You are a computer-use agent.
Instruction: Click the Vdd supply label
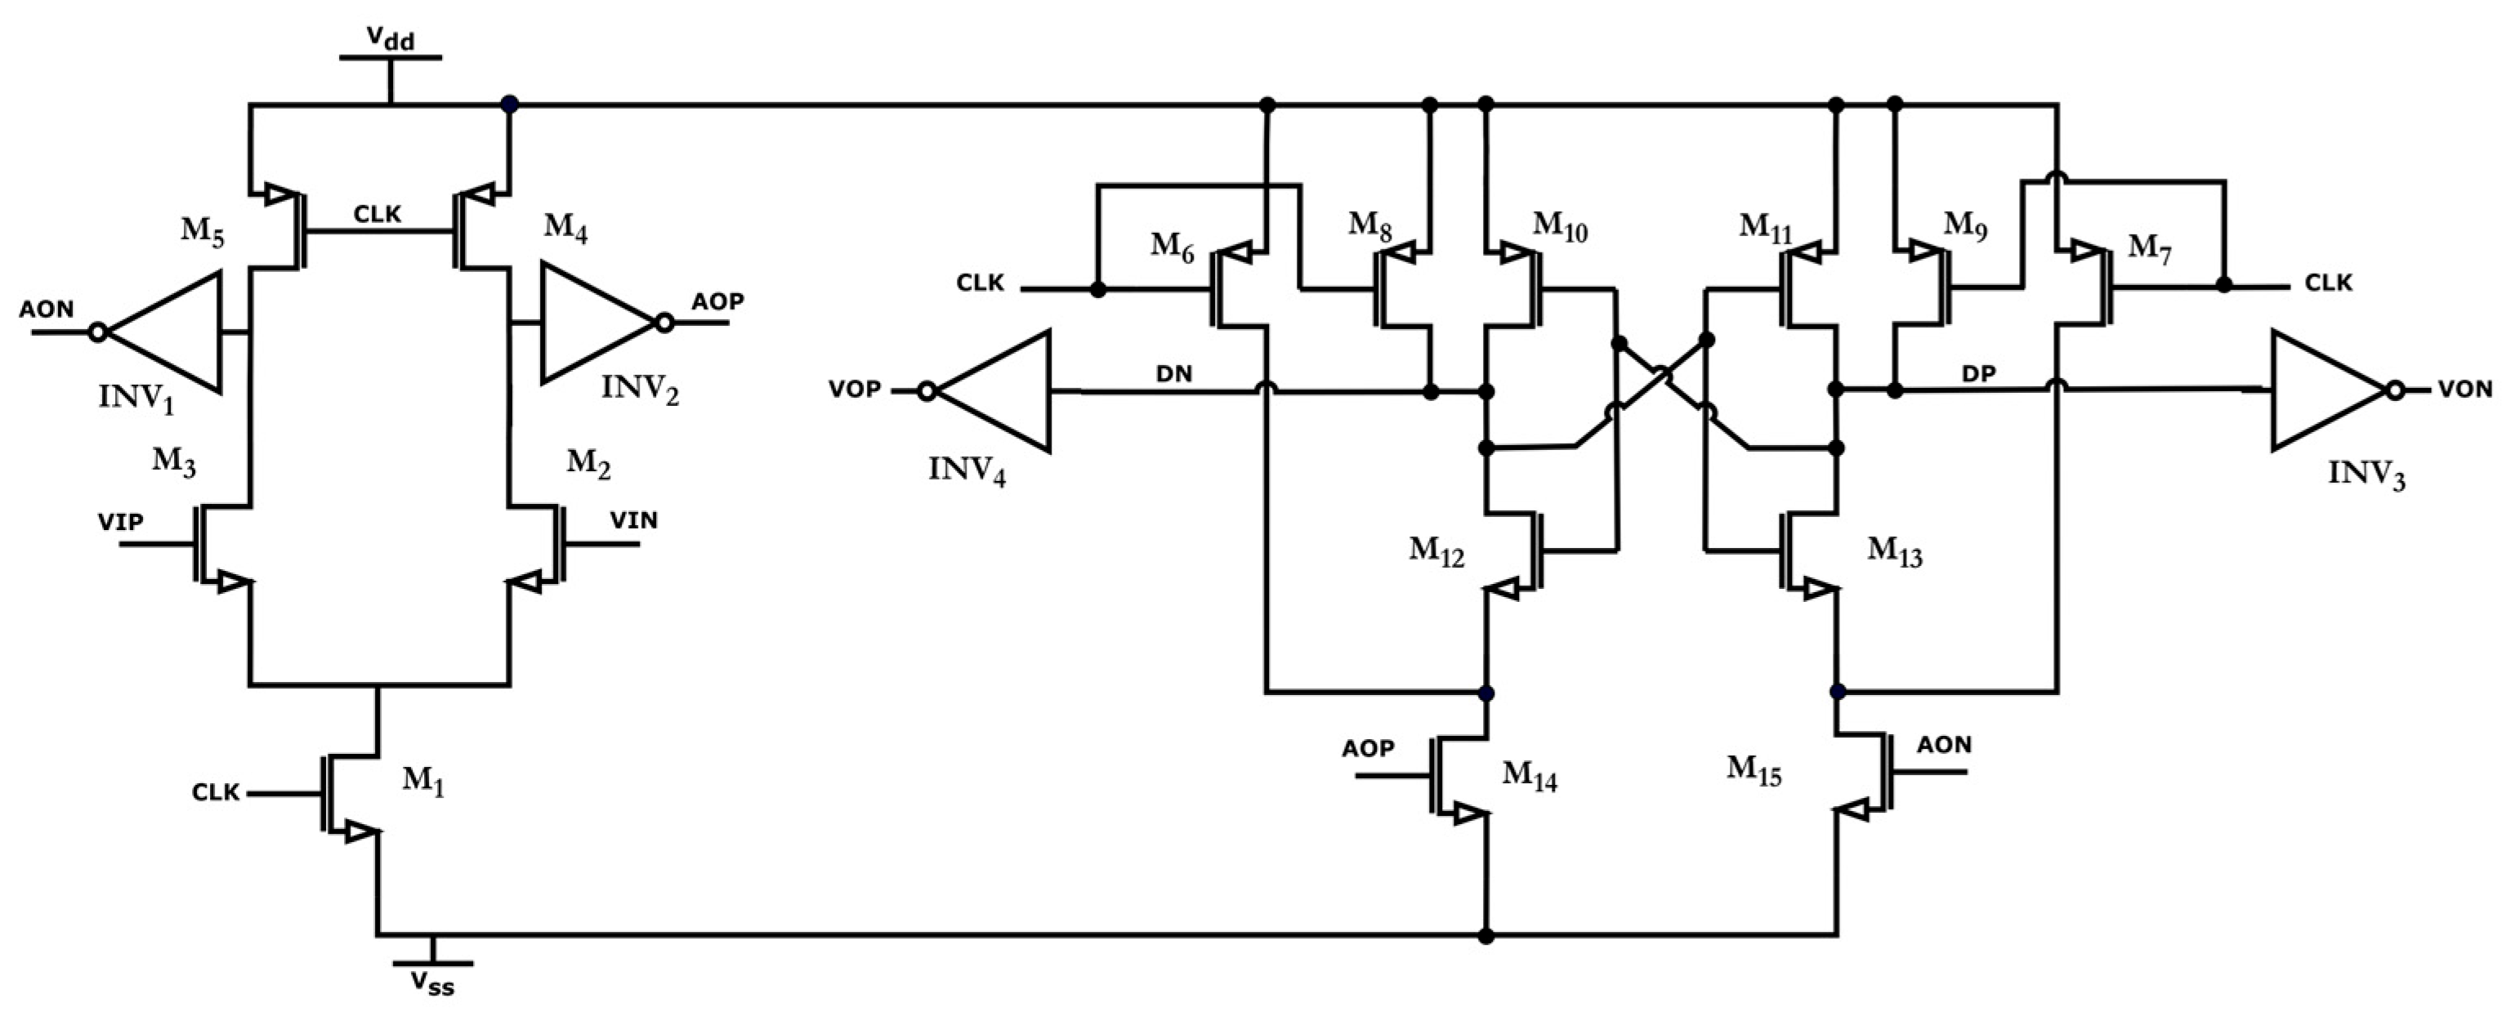point(390,39)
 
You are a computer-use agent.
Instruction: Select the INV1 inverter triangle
point(171,332)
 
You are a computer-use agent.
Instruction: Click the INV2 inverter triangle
point(590,322)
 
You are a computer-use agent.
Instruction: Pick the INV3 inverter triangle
point(2325,390)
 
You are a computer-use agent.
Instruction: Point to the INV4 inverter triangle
point(999,392)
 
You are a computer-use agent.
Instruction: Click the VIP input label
point(120,522)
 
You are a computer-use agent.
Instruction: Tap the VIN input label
point(633,520)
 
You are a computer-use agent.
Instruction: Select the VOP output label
point(854,390)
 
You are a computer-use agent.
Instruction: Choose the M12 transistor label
point(1436,551)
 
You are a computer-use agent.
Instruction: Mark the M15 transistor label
point(1754,772)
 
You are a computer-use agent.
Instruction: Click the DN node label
point(1173,374)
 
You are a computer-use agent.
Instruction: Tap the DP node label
point(1979,373)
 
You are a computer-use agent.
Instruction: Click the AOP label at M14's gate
point(1368,748)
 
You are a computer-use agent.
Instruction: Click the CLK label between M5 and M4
point(378,214)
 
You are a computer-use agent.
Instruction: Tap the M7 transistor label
point(2148,247)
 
